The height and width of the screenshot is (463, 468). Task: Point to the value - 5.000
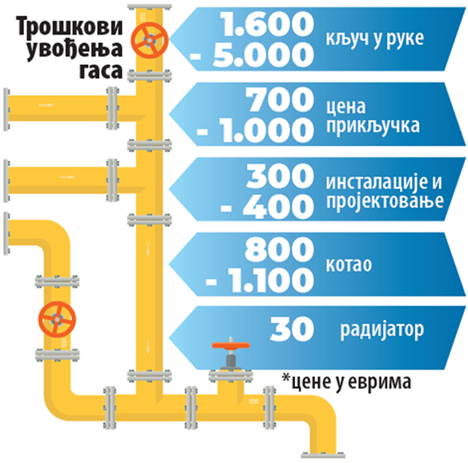coord(263,54)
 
